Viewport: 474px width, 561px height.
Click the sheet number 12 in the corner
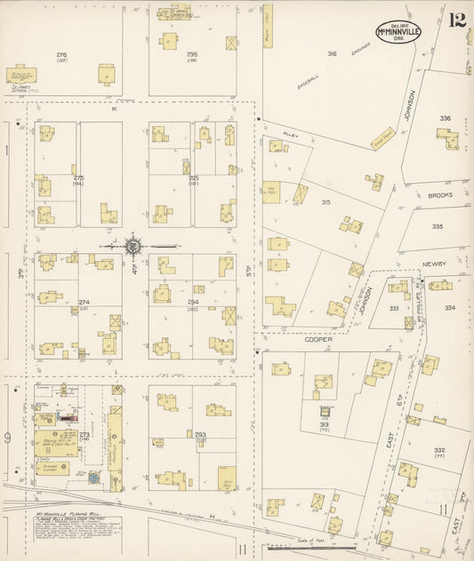[x=457, y=20]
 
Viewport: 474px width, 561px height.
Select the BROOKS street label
[x=439, y=194]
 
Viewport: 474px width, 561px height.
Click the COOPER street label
[x=319, y=339]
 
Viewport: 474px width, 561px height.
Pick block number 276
[x=61, y=55]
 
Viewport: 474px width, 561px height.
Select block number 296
[x=191, y=55]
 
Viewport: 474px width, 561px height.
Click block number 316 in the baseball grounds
[x=332, y=53]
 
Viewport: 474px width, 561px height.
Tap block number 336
[x=445, y=117]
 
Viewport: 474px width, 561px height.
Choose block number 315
[x=326, y=202]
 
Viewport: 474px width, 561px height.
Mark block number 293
[x=200, y=434]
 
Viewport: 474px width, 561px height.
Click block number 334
[x=450, y=308]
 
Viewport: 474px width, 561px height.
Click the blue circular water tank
[x=93, y=478]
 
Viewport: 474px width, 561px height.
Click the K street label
[x=114, y=109]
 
